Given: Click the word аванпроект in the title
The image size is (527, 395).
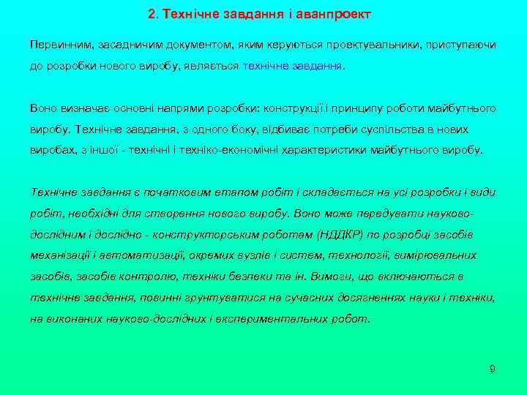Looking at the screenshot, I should coord(338,14).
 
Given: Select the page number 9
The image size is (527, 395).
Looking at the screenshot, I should coord(492,369).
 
